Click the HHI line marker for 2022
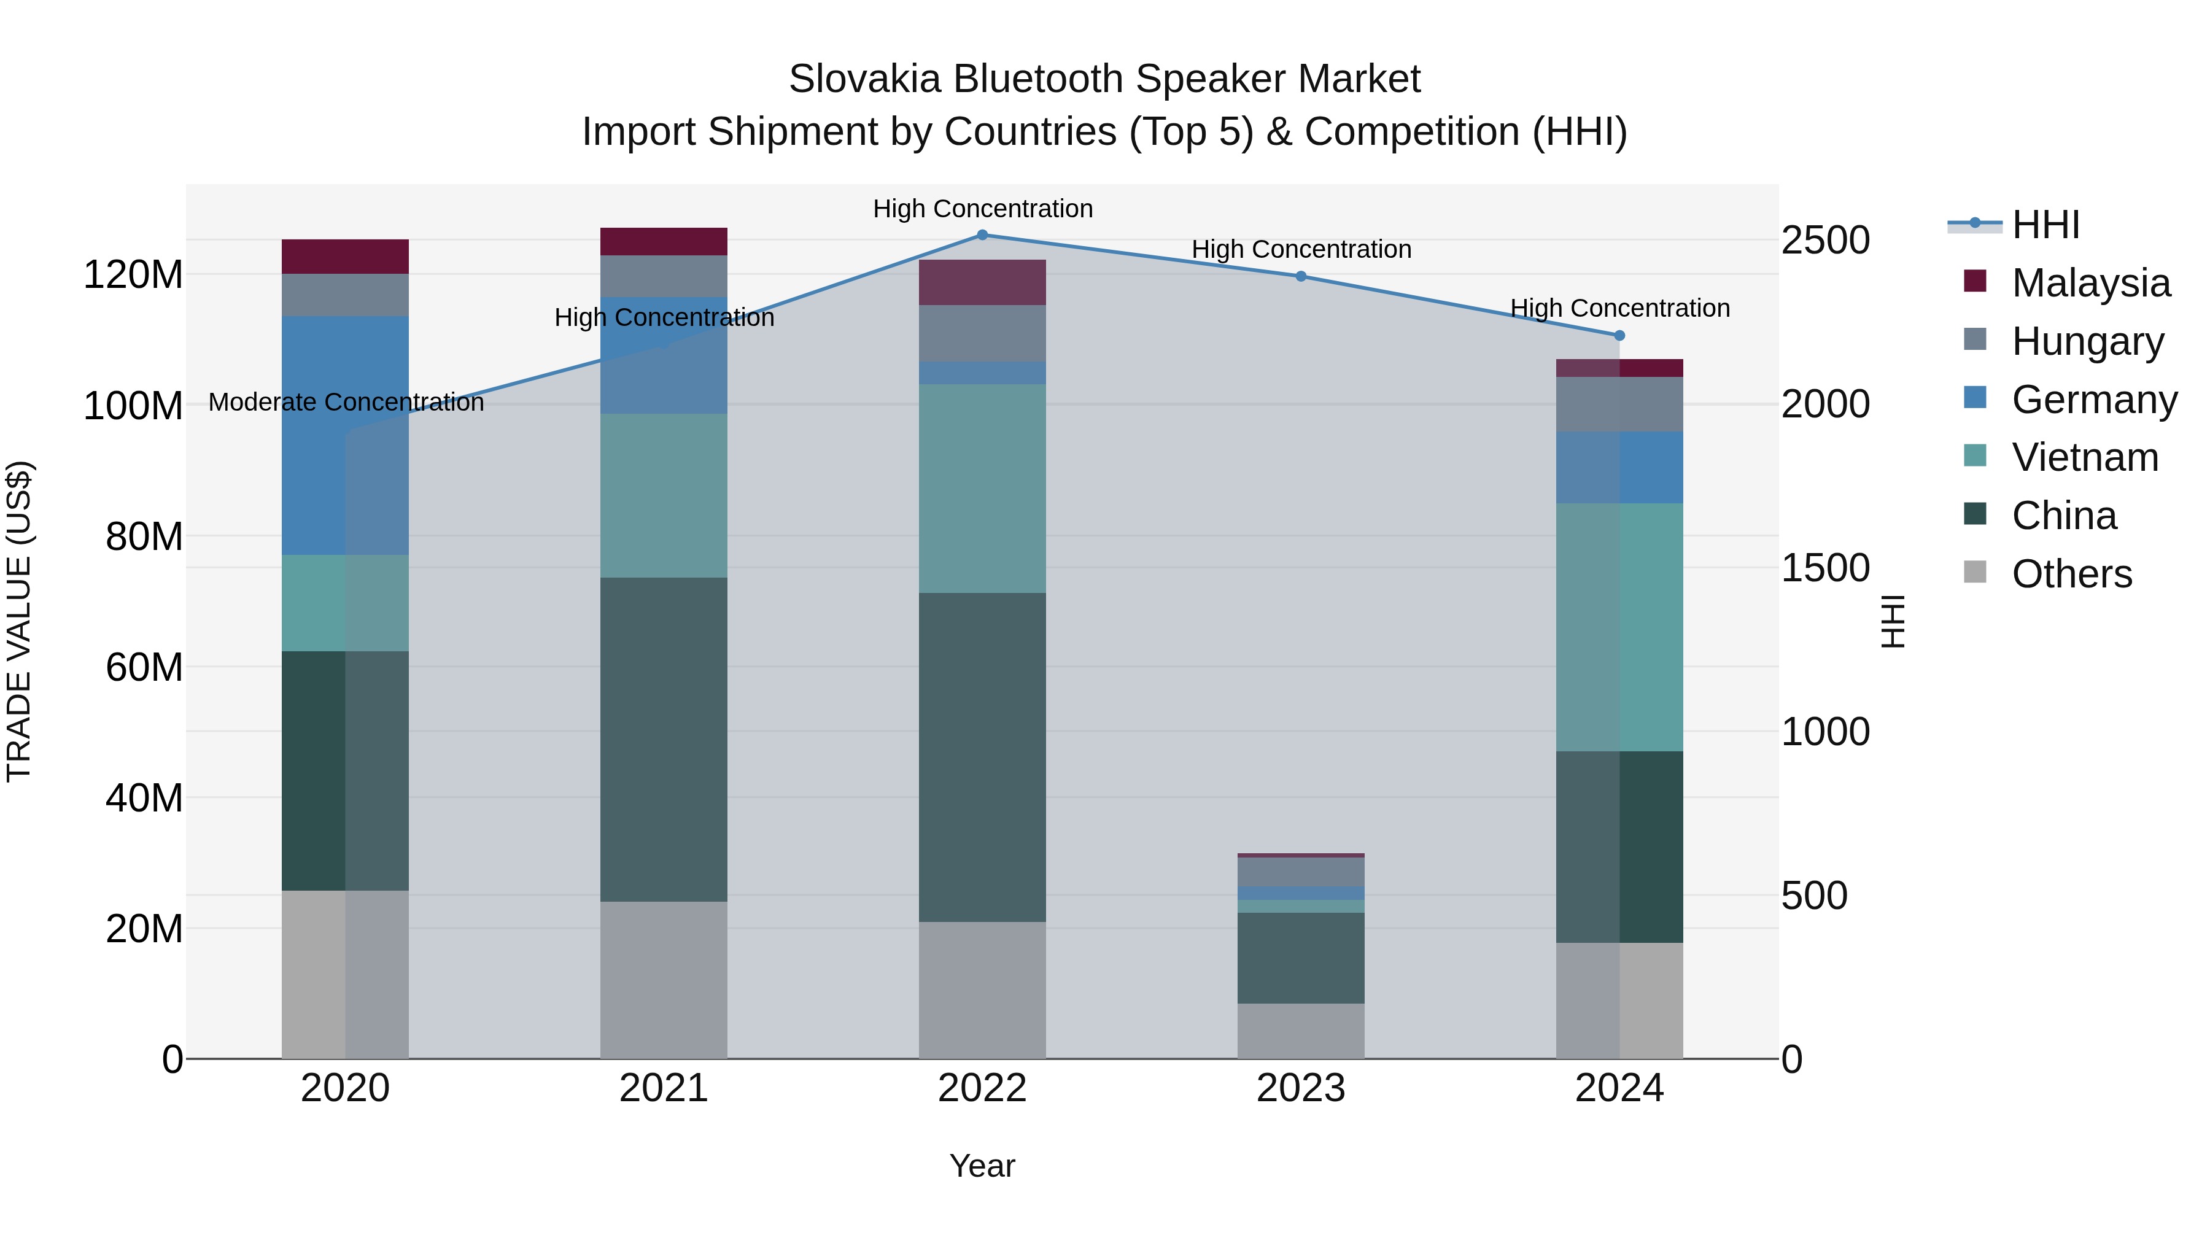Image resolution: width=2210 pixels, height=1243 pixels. pyautogui.click(x=982, y=234)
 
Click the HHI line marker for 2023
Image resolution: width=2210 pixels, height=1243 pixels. pyautogui.click(x=1301, y=276)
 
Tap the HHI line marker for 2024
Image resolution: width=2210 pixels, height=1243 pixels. pyautogui.click(x=1619, y=335)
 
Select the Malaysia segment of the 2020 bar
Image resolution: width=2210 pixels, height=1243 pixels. pyautogui.click(x=345, y=257)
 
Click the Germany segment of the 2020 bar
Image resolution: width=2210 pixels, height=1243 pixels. pyautogui.click(x=345, y=435)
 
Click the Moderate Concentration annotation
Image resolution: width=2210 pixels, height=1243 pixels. pyautogui.click(x=346, y=402)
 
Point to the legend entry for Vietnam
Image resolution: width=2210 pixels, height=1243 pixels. pyautogui.click(x=2085, y=457)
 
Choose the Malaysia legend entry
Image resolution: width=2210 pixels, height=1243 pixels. pyautogui.click(x=2091, y=283)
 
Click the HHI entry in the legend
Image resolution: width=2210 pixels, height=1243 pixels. pyautogui.click(x=2045, y=225)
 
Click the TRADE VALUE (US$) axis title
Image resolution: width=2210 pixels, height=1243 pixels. pyautogui.click(x=19, y=621)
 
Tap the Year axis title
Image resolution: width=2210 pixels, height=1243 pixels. pyautogui.click(x=982, y=1166)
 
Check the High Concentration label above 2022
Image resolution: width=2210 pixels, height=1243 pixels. pyautogui.click(x=982, y=209)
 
